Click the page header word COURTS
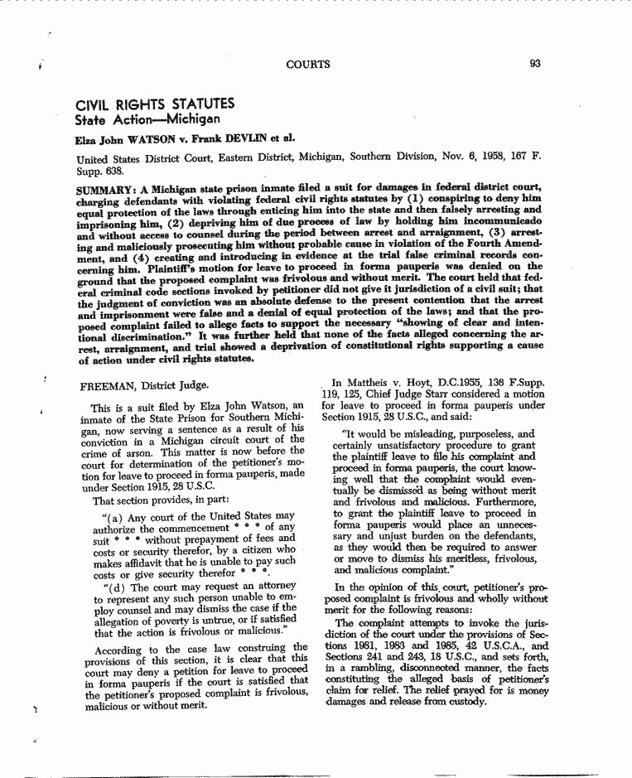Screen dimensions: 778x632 click(307, 64)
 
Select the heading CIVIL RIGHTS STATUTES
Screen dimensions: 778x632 click(155, 104)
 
